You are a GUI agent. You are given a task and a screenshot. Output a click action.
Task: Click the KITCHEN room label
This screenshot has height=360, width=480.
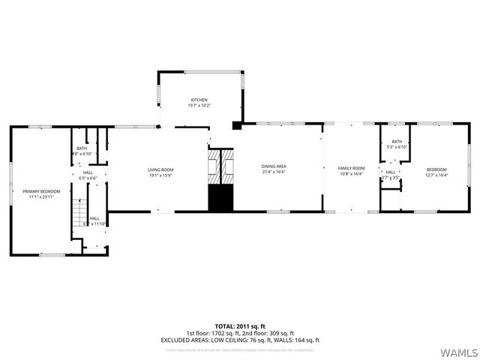point(199,100)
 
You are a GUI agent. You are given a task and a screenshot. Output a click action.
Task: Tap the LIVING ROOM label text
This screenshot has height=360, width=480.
point(160,169)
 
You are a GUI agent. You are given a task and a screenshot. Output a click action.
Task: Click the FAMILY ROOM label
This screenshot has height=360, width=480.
point(351,168)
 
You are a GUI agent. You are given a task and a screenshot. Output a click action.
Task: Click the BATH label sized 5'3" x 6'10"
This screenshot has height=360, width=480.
point(396,142)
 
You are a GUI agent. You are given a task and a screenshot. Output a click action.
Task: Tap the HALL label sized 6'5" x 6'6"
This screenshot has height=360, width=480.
point(88,173)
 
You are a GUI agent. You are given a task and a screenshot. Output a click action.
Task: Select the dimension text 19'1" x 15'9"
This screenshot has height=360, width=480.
point(160,175)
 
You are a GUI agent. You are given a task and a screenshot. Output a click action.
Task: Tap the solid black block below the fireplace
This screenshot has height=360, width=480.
point(220,198)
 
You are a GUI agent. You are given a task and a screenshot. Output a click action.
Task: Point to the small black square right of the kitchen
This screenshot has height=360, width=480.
point(237,125)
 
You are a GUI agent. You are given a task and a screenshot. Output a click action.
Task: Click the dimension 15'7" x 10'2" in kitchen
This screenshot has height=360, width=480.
point(199,106)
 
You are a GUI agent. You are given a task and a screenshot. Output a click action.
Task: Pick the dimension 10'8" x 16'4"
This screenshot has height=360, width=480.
point(351,174)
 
